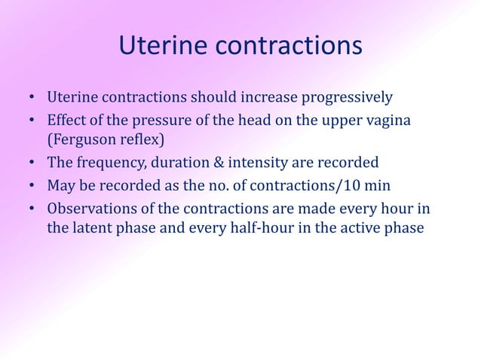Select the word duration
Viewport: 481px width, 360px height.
point(179,163)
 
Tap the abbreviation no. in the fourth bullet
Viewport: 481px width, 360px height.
point(237,185)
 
